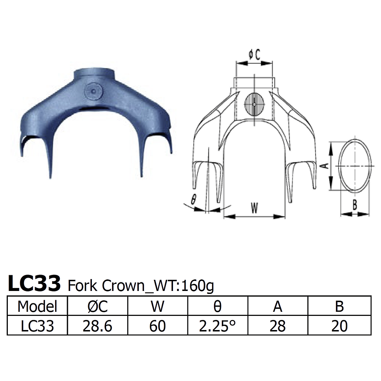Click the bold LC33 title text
click(34, 284)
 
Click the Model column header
click(37, 306)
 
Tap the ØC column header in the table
click(97, 306)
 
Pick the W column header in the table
click(157, 306)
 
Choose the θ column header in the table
click(218, 306)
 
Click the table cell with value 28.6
click(97, 326)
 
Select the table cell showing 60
click(157, 326)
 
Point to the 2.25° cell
click(218, 326)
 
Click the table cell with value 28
click(278, 326)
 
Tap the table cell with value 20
click(339, 326)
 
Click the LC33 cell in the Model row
click(37, 326)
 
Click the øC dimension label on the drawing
click(254, 55)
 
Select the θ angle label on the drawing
click(193, 200)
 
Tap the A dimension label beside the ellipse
click(324, 166)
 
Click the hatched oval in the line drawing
click(254, 104)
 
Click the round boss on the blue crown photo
click(93, 91)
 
